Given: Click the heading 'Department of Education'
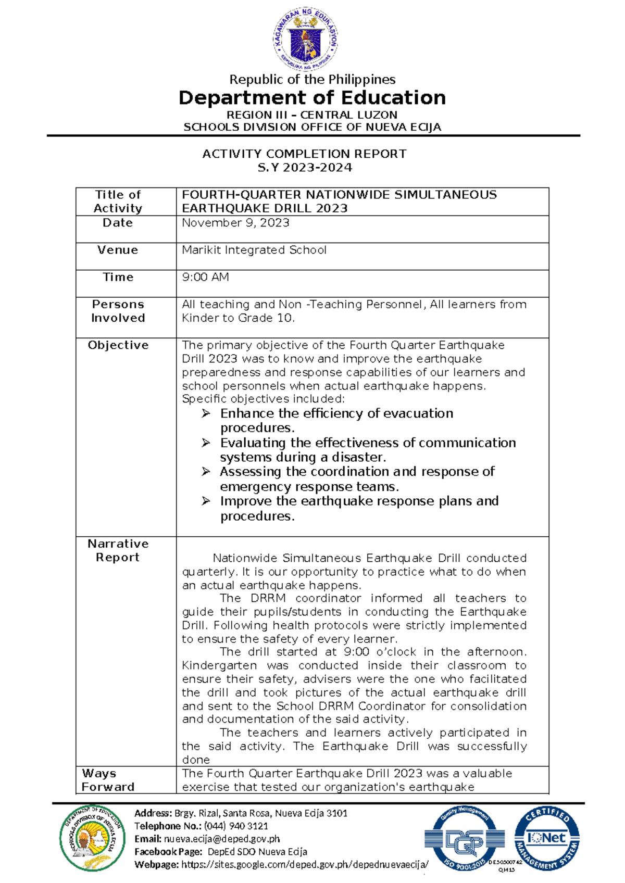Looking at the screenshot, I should coord(312,98).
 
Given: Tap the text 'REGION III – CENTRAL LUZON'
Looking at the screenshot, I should coord(312,115).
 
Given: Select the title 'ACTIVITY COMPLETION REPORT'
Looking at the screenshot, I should coord(304,154).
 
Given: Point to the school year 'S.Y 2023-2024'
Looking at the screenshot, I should coord(305,168).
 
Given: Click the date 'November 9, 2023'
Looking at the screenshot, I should coord(235,223).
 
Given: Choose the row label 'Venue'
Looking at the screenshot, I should coord(118,250).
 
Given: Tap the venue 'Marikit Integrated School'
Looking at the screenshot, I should coord(254,250).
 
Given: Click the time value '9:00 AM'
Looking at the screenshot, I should coord(205,277).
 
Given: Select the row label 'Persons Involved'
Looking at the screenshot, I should coord(118,311).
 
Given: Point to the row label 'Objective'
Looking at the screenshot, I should coord(118,345).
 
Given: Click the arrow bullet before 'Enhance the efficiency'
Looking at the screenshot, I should coord(206,413).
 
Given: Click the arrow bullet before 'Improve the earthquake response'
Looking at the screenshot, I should coord(206,501).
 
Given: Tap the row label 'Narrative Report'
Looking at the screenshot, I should coord(118,550).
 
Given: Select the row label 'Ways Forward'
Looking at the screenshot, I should coord(107,780).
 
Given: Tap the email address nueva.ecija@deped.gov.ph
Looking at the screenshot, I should coord(222,839).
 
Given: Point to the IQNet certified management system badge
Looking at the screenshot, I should coord(547,838).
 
